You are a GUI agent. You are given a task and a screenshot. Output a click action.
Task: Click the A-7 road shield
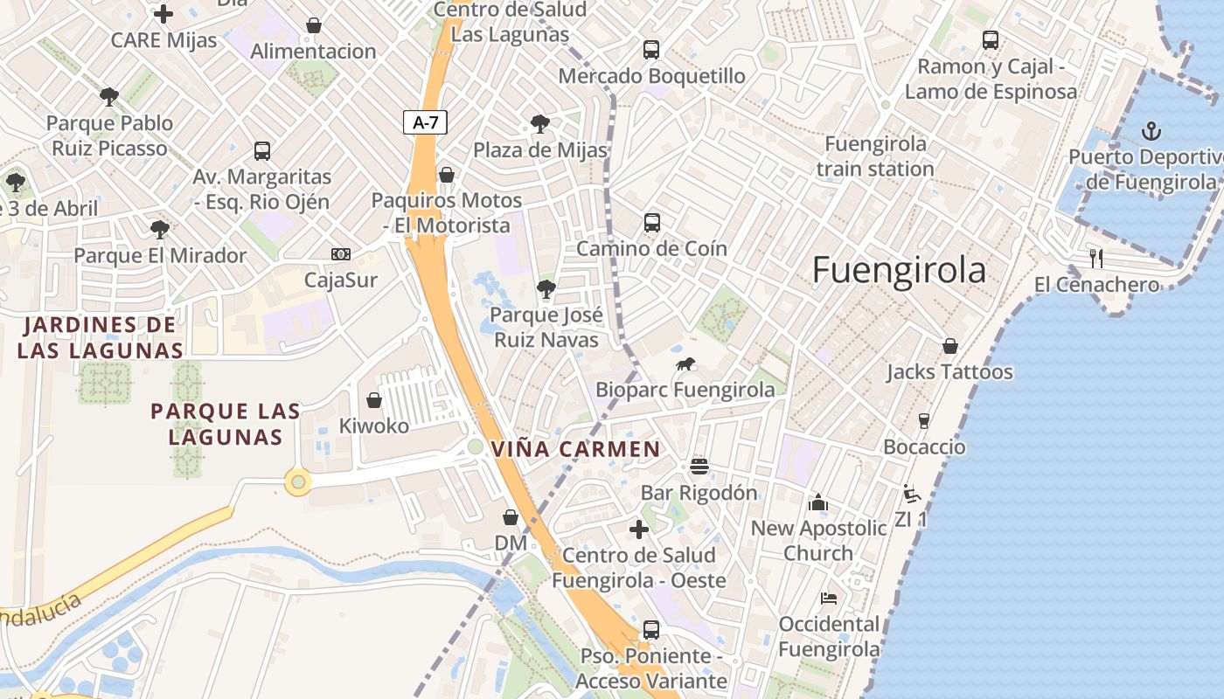[x=425, y=122]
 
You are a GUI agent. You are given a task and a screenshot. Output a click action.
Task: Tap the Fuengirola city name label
[x=899, y=271]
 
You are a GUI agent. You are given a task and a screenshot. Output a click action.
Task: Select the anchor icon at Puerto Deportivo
[x=1151, y=132]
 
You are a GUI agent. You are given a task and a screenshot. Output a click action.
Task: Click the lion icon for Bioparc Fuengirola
[x=685, y=364]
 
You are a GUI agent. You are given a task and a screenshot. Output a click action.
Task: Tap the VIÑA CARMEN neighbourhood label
[x=575, y=450]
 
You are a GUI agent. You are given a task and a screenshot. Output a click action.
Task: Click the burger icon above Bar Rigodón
[x=699, y=466]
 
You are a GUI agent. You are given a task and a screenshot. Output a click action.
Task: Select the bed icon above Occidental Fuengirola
[x=829, y=599]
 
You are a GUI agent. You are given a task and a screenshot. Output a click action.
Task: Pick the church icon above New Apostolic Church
[x=818, y=502]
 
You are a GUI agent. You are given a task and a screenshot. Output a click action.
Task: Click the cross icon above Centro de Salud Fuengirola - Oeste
[x=639, y=529]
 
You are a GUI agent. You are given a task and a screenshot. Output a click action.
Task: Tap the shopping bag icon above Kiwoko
[x=374, y=400]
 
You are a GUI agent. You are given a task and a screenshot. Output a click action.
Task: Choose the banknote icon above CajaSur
[x=341, y=254]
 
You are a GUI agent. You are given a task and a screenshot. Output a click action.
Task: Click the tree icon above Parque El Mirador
[x=159, y=230]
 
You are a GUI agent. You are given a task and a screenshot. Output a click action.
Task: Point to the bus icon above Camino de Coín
[x=651, y=223]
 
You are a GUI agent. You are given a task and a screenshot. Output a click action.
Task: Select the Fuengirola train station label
[x=875, y=156]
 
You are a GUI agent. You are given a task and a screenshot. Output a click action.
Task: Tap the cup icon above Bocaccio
[x=924, y=421]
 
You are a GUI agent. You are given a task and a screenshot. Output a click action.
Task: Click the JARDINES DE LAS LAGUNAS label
[x=100, y=338]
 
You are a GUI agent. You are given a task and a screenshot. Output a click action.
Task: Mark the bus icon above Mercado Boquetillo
[x=650, y=50]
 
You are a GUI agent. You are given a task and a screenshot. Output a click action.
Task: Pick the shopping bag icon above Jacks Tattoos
[x=949, y=346]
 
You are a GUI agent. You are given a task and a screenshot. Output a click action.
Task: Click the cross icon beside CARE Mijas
[x=163, y=14]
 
